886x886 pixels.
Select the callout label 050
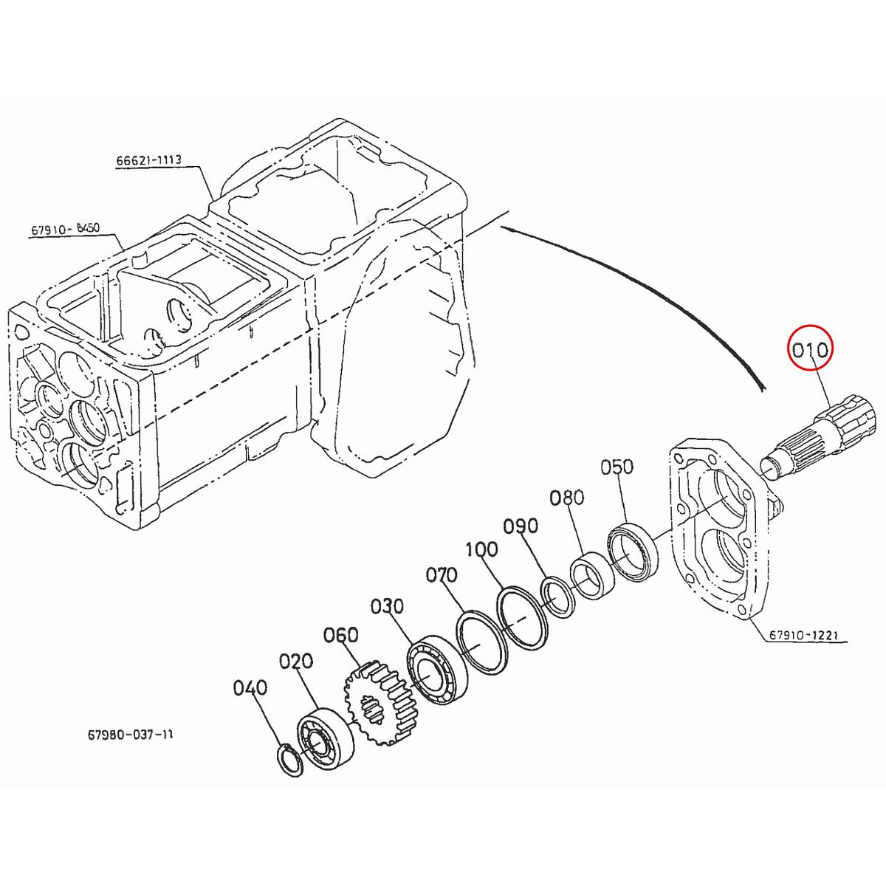pyautogui.click(x=617, y=467)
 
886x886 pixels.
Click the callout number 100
pyautogui.click(x=481, y=549)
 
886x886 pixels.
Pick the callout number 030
pyautogui.click(x=388, y=606)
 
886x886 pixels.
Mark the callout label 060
pyautogui.click(x=340, y=635)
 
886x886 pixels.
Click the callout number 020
pyautogui.click(x=295, y=660)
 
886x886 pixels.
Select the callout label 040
pyautogui.click(x=250, y=688)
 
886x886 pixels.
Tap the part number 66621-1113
pyautogui.click(x=148, y=160)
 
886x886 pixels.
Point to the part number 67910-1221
pyautogui.click(x=806, y=634)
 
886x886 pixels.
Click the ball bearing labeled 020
pyautogui.click(x=324, y=738)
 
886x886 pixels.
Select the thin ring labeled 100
pyautogui.click(x=521, y=618)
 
